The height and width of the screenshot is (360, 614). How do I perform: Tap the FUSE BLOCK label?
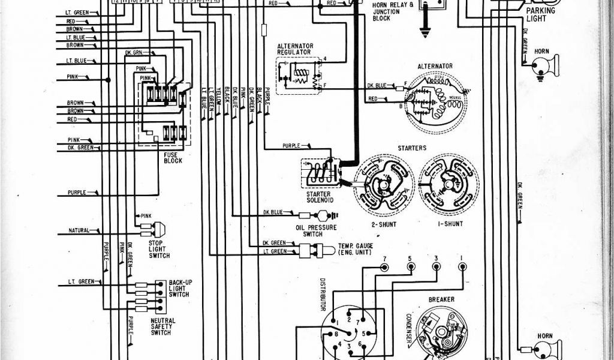point(173,157)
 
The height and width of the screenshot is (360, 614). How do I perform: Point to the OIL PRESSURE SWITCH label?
point(316,230)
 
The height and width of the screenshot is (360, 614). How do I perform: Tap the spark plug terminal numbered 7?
point(384,267)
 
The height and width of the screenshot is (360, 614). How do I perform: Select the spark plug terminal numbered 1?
point(462,267)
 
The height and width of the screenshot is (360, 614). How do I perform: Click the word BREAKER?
point(441,299)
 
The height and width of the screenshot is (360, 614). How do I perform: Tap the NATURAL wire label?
point(79,230)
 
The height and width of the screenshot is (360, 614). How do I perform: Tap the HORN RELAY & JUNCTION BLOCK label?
point(389,11)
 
